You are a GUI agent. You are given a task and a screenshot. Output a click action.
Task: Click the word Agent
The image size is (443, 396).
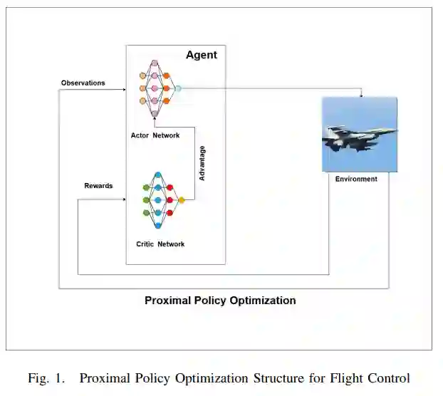click(202, 55)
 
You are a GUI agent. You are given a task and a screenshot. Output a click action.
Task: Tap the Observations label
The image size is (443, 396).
click(83, 83)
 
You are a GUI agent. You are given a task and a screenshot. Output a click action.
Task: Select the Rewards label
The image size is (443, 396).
click(98, 186)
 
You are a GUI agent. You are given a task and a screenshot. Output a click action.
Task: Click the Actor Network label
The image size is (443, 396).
click(155, 135)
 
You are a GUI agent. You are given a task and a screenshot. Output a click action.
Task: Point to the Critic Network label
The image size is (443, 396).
click(160, 244)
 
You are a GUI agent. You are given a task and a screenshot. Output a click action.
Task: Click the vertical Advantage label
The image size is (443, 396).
click(202, 163)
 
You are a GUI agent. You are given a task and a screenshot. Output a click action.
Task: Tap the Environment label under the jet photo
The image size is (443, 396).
click(356, 179)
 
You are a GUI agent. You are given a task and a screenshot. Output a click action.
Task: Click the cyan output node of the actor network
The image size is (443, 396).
click(178, 88)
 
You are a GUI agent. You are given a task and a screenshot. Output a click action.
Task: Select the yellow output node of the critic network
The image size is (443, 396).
click(182, 200)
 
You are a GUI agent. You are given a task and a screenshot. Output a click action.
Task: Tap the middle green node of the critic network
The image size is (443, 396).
click(146, 200)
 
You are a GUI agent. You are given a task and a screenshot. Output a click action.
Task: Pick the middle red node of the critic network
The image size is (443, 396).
click(170, 200)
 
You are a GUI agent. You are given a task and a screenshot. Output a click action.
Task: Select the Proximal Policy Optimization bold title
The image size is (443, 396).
click(220, 301)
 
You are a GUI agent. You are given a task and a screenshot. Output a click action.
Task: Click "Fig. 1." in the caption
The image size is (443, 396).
click(46, 377)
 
